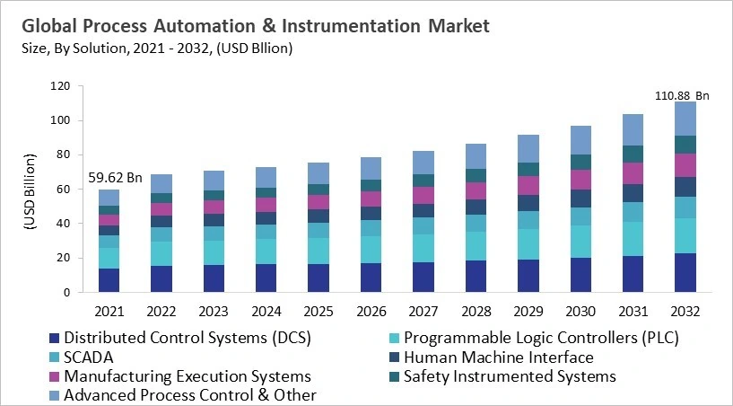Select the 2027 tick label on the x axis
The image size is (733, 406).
pyautogui.click(x=420, y=310)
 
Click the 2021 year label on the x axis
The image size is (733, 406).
pyautogui.click(x=109, y=310)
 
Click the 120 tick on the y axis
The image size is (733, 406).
pyautogui.click(x=58, y=87)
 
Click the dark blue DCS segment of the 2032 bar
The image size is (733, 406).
pyautogui.click(x=685, y=272)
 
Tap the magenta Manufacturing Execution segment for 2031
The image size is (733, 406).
pyautogui.click(x=633, y=173)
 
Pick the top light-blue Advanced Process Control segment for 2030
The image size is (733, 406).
pyautogui.click(x=581, y=140)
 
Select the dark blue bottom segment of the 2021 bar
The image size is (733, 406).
pyautogui.click(x=109, y=280)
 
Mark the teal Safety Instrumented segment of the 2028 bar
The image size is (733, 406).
pyautogui.click(x=477, y=175)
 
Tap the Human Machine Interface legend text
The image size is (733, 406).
pyautogui.click(x=498, y=357)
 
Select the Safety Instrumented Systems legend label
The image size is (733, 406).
pyautogui.click(x=509, y=376)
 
